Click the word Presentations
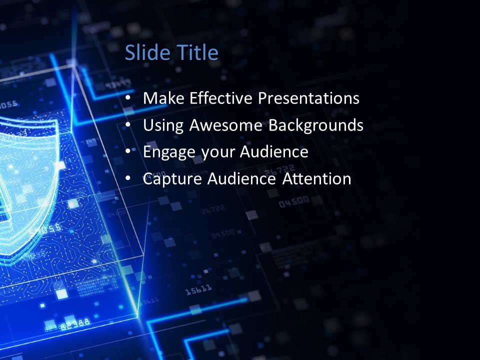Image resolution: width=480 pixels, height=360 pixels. pos(308,98)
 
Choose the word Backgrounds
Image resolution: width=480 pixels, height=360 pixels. pos(316,126)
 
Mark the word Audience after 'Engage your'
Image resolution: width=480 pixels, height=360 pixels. pos(274,152)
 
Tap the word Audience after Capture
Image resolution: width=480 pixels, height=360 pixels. pos(234,178)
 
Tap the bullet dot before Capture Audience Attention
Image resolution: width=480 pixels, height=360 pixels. pos(129,178)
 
